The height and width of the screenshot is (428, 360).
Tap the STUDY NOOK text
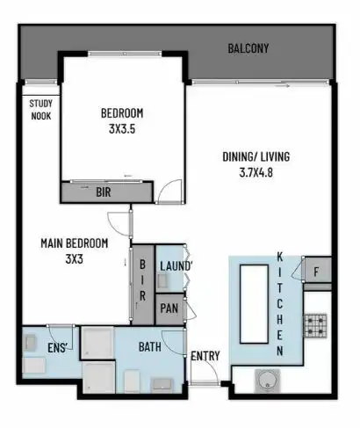41,109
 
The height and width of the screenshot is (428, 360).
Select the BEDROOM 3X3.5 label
121,120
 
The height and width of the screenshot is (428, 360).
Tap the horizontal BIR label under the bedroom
103,191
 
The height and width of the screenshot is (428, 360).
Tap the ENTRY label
205,356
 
